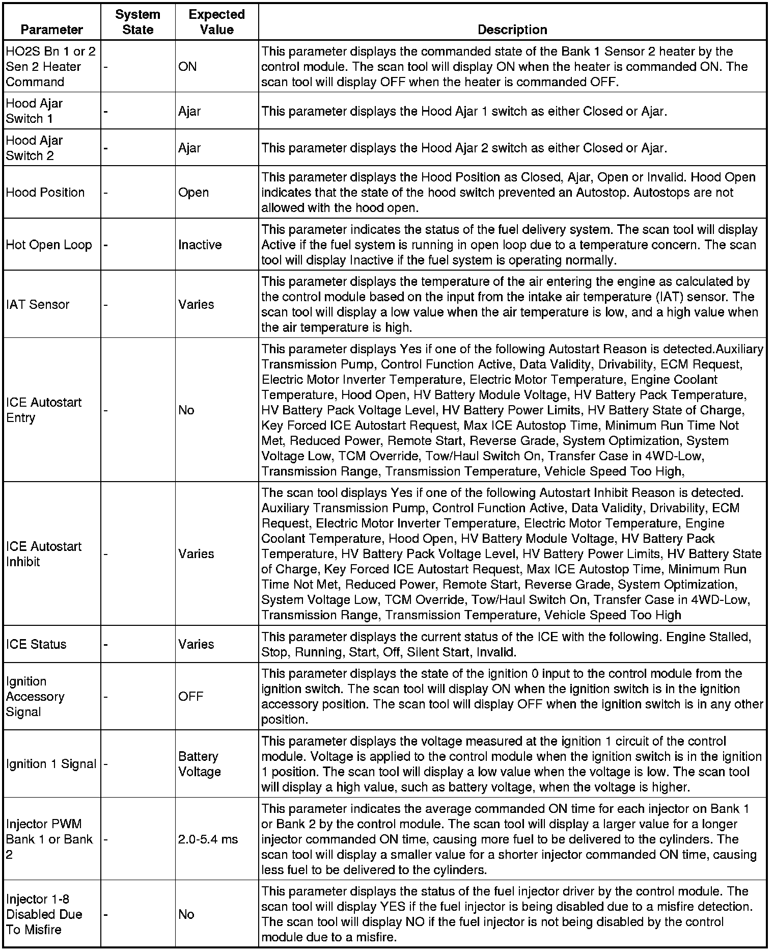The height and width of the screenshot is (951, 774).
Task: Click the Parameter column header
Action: click(x=51, y=30)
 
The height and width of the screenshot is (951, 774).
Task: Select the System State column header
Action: click(x=137, y=22)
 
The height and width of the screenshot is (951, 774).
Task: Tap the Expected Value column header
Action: click(x=216, y=22)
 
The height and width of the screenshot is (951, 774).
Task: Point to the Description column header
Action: click(x=512, y=30)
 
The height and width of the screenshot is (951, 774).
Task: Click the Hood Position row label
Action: click(x=45, y=192)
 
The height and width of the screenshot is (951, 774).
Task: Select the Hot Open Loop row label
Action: click(x=49, y=245)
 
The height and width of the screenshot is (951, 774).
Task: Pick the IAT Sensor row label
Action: click(x=38, y=304)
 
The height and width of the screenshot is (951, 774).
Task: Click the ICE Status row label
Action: click(x=36, y=644)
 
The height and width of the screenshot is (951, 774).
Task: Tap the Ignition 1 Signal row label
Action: click(x=51, y=763)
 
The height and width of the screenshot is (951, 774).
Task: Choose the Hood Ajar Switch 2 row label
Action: click(x=34, y=148)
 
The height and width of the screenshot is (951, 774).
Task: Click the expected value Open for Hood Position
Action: click(x=193, y=192)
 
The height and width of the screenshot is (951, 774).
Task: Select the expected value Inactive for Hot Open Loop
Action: click(x=200, y=245)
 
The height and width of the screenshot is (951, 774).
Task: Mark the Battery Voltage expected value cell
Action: click(x=199, y=763)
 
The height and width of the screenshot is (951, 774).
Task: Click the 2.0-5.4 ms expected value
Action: click(x=208, y=839)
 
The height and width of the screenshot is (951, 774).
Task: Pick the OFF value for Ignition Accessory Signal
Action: click(x=190, y=696)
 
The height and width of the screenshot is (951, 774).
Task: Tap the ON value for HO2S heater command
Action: click(x=187, y=66)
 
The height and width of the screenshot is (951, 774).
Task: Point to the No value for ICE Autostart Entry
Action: click(x=186, y=410)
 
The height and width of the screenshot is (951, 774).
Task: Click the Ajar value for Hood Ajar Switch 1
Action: click(x=189, y=111)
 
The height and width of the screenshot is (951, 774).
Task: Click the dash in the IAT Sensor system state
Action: click(x=105, y=305)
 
